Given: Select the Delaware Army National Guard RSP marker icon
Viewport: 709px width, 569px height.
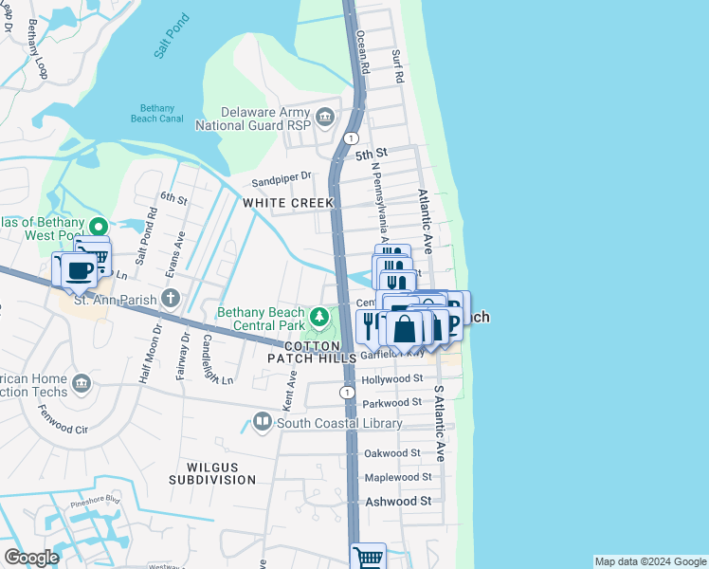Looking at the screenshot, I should coord(325,118).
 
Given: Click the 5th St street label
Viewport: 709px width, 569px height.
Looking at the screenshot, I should coord(372,153).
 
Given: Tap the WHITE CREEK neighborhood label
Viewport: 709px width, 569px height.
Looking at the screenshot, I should coord(288,203).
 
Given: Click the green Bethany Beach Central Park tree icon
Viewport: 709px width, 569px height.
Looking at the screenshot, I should coord(320,315).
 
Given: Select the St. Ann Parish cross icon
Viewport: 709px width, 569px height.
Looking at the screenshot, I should coord(170,300).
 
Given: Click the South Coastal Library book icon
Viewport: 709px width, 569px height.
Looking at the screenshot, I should coord(263,422).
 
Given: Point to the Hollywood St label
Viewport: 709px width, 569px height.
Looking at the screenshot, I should coord(392,378).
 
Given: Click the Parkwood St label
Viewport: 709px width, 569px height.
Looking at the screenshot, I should coord(392,404).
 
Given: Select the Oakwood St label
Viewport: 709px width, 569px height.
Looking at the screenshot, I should coord(391,453).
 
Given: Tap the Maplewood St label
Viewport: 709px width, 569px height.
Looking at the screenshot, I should coord(398,477).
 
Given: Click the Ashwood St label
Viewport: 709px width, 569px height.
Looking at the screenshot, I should coord(398,501).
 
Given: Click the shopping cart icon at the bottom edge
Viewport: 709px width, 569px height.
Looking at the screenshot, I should coord(368,556).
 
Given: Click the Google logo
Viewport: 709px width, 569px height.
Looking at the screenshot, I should coord(31,558).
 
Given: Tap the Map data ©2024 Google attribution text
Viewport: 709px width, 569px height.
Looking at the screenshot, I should coord(649,561).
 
